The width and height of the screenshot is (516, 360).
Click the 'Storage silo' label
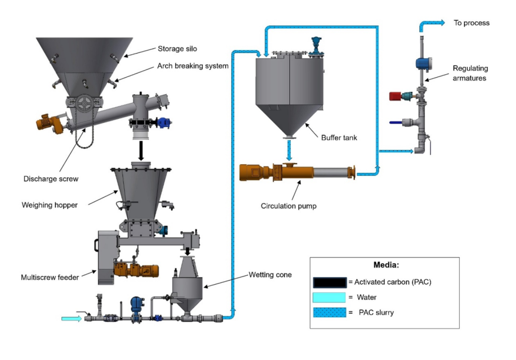[x=177, y=49]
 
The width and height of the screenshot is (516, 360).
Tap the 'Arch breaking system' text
[x=192, y=66]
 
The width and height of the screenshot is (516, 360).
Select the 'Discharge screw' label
[x=51, y=179]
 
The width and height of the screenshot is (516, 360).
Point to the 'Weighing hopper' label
[x=49, y=205]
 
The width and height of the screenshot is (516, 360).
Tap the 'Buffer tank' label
[x=339, y=137]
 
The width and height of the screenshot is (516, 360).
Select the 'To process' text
[x=472, y=23]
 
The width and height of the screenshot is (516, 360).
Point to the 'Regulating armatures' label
[x=470, y=73]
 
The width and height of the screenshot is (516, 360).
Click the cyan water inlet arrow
[x=71, y=318]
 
